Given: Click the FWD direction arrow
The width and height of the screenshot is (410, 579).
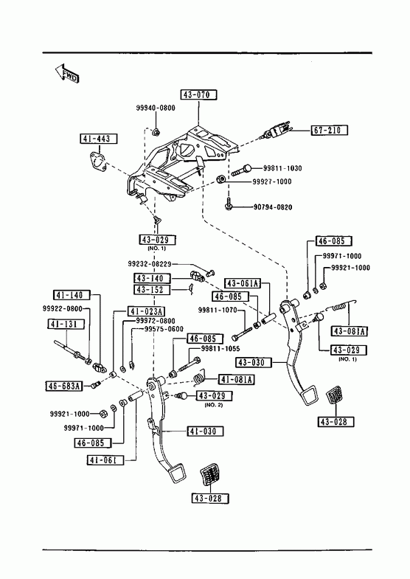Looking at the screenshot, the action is point(67,74).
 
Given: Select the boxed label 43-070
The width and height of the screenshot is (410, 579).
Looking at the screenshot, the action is point(198,95).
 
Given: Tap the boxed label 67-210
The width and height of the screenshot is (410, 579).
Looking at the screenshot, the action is point(329,130).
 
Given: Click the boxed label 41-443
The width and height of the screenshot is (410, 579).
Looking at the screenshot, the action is point(98,139).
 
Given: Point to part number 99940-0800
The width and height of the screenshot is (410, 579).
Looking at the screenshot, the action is point(156,108).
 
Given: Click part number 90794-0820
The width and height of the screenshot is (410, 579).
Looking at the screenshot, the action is point(273,207).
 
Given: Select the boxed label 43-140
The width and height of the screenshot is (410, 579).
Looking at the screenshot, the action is point(152,278).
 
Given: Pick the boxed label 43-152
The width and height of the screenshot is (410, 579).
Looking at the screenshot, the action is point(152,289).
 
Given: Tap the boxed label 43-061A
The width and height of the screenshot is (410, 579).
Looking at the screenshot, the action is point(243,283).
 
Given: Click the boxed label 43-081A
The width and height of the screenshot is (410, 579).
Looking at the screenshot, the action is point(350,331).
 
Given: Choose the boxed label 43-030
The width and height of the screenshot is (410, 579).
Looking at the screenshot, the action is point(253,362).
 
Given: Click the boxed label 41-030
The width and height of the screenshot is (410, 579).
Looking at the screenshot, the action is point(204,431).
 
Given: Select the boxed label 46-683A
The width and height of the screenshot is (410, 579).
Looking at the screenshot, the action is point(64,386).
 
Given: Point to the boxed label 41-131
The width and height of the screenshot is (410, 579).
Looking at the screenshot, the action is point(66,325).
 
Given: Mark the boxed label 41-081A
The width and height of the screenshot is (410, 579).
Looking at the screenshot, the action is point(237,379).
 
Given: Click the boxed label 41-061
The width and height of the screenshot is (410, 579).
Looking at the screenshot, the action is point(105,460).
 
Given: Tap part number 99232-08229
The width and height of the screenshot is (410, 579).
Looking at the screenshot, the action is point(150,264).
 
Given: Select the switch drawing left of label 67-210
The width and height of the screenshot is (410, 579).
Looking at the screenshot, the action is point(276,132).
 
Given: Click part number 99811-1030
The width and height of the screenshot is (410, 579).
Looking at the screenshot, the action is point(282,168).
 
